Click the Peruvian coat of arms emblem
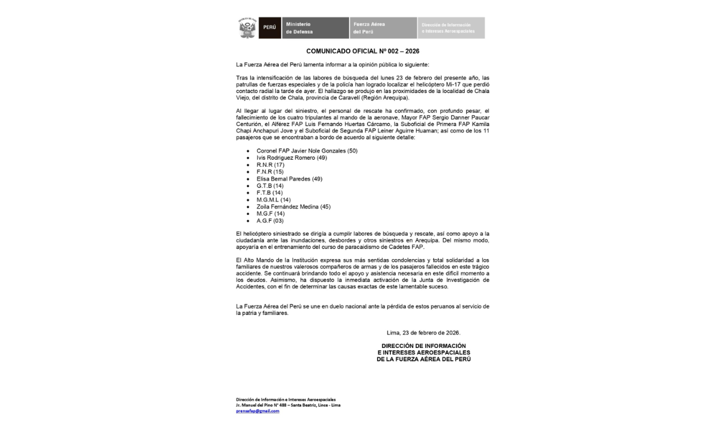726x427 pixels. [x=247, y=28]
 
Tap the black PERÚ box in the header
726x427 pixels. [x=269, y=28]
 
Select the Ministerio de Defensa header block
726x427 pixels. [x=315, y=28]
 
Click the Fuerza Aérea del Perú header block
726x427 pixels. [x=383, y=28]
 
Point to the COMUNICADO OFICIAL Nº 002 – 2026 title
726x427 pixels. [x=362, y=51]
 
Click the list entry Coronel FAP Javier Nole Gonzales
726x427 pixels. [x=307, y=151]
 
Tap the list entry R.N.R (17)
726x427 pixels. [x=270, y=165]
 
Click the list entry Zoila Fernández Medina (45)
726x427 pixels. [x=293, y=207]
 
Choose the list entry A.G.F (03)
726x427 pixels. [x=270, y=221]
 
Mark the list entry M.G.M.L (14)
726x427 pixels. [x=273, y=200]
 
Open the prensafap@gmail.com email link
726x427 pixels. [x=257, y=411]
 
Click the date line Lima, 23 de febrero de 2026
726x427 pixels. [x=423, y=333]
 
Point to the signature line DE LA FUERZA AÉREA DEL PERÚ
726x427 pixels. [x=423, y=359]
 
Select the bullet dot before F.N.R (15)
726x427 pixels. [x=248, y=172]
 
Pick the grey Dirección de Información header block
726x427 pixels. [x=451, y=28]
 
